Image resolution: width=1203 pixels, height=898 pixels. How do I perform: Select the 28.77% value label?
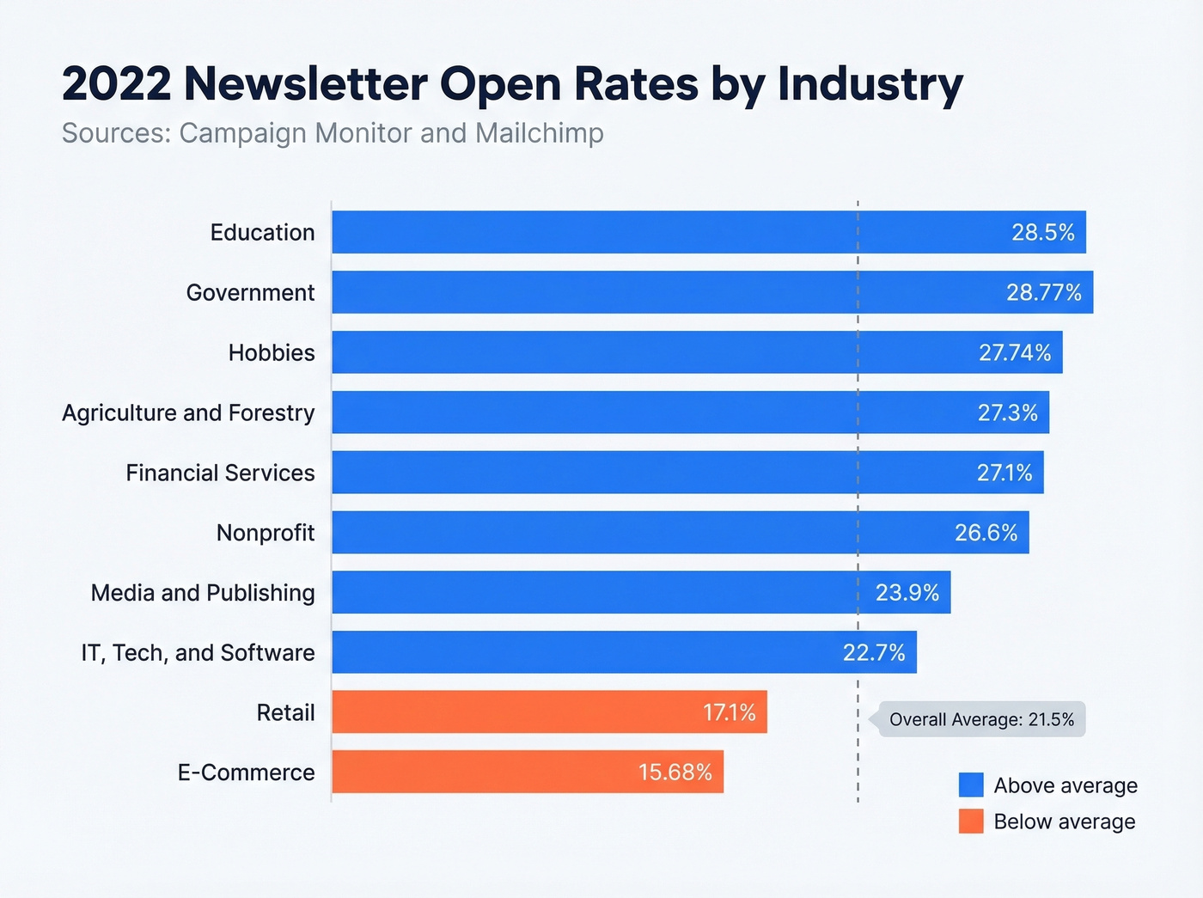(1043, 293)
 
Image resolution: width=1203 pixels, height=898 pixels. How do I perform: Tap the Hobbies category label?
(272, 353)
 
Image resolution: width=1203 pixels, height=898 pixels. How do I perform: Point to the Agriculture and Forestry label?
(188, 413)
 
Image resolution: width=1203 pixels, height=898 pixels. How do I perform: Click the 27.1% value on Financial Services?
(1004, 473)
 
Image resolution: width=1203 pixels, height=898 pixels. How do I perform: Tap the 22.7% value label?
(873, 653)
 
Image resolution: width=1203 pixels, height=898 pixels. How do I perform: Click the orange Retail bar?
(516, 712)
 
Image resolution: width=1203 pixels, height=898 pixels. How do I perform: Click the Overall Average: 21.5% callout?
(981, 720)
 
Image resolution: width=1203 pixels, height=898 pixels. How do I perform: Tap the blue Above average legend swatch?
(971, 785)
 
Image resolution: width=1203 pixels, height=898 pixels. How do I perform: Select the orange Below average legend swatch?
(971, 822)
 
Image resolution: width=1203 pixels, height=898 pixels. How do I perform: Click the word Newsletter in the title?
(305, 84)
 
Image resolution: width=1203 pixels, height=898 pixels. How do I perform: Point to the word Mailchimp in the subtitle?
(539, 134)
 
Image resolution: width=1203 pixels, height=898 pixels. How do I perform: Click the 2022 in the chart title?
(116, 84)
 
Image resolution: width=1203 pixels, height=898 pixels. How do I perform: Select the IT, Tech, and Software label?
(198, 653)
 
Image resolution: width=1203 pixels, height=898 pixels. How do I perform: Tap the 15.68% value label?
(675, 773)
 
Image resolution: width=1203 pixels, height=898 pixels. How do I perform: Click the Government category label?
(250, 293)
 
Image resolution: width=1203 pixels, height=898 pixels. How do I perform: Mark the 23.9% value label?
(907, 593)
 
